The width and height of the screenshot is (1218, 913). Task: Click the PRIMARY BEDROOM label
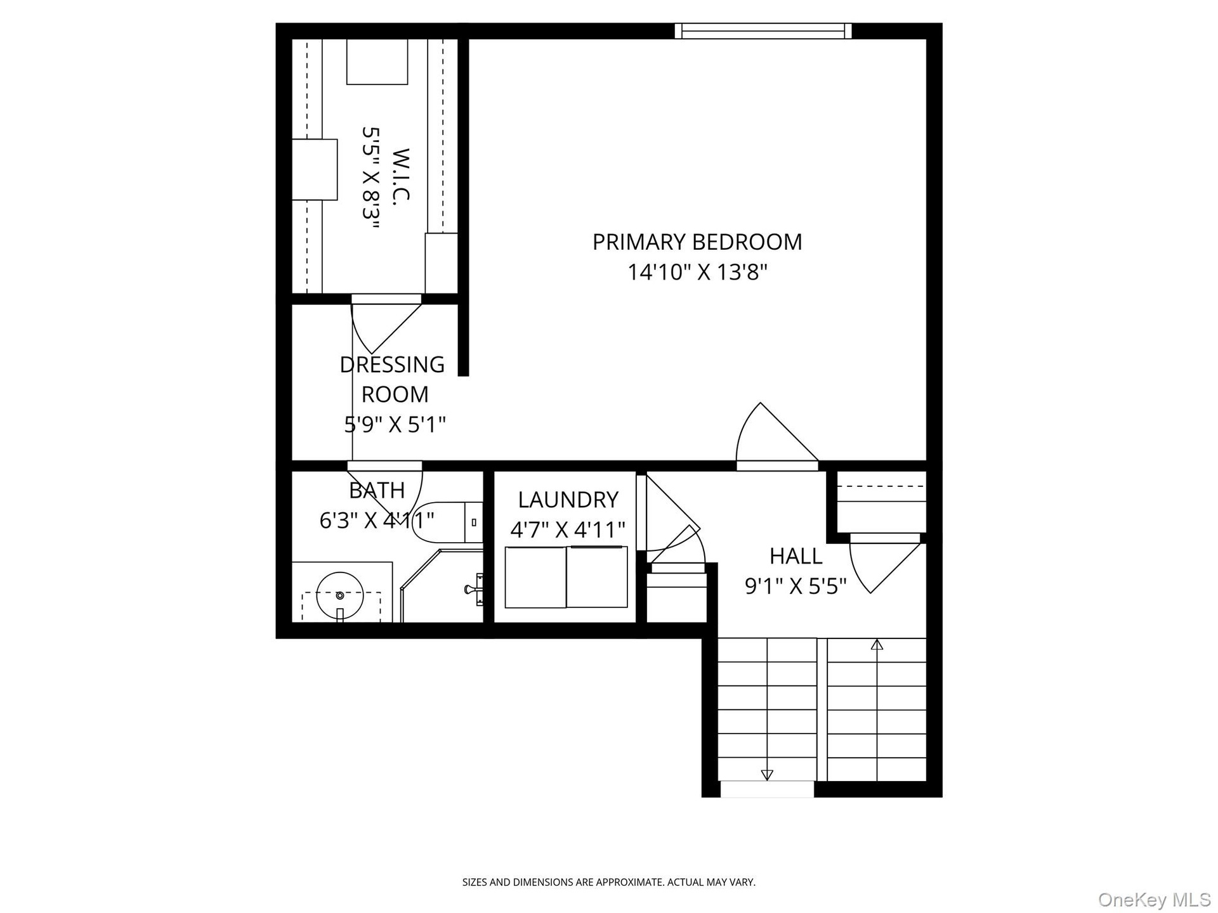[x=697, y=242]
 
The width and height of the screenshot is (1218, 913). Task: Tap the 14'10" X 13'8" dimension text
[x=697, y=272]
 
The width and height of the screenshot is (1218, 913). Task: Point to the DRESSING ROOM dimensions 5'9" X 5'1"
[x=395, y=424]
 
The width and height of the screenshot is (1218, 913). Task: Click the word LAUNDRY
[x=568, y=500]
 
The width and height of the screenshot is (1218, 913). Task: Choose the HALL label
[x=796, y=556]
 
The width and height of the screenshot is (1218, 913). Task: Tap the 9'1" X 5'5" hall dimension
[x=796, y=586]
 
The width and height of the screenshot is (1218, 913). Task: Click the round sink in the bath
[x=340, y=595]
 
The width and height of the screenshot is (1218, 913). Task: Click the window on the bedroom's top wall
[x=763, y=30]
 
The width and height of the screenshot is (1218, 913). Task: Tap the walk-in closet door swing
[x=386, y=324]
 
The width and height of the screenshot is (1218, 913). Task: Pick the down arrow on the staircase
[x=767, y=775]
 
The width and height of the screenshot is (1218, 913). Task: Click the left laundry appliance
[x=535, y=577]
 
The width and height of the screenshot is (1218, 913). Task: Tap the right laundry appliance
[x=597, y=576]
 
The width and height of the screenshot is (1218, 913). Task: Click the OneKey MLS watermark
[x=1154, y=900]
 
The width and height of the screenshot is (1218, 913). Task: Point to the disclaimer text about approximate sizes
[x=609, y=882]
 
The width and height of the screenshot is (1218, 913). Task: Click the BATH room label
[x=377, y=490]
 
